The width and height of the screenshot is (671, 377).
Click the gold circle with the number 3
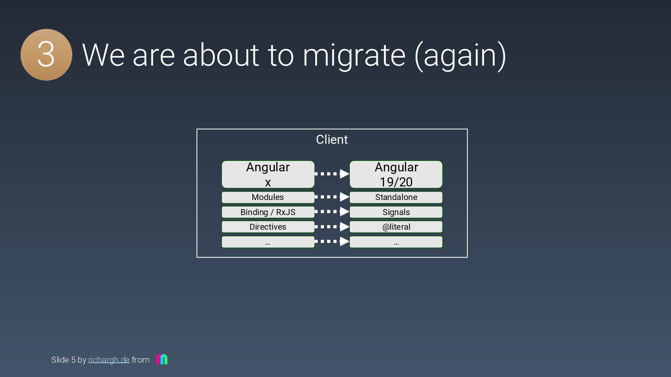click(x=46, y=55)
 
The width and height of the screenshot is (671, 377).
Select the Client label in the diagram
click(x=332, y=140)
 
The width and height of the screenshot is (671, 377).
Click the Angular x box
click(x=268, y=175)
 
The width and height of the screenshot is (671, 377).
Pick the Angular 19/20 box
click(x=396, y=175)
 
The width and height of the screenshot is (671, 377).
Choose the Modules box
click(x=268, y=197)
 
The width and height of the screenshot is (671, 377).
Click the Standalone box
click(x=396, y=197)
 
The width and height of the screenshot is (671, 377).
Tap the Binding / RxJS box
click(x=268, y=212)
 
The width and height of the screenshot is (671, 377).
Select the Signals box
click(x=396, y=212)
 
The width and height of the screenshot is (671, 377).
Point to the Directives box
click(x=268, y=227)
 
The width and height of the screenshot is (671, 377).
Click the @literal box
click(x=396, y=227)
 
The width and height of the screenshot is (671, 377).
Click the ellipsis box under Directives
click(x=268, y=242)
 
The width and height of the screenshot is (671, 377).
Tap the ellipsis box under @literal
click(x=396, y=242)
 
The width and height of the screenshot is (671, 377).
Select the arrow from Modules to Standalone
click(x=332, y=197)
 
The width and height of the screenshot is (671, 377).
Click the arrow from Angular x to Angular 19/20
click(x=332, y=173)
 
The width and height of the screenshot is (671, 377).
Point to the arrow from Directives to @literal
click(x=332, y=227)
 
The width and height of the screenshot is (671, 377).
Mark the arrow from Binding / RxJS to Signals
click(x=332, y=212)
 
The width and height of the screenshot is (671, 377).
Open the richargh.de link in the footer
click(x=109, y=360)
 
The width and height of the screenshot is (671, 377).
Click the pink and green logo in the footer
click(x=162, y=359)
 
